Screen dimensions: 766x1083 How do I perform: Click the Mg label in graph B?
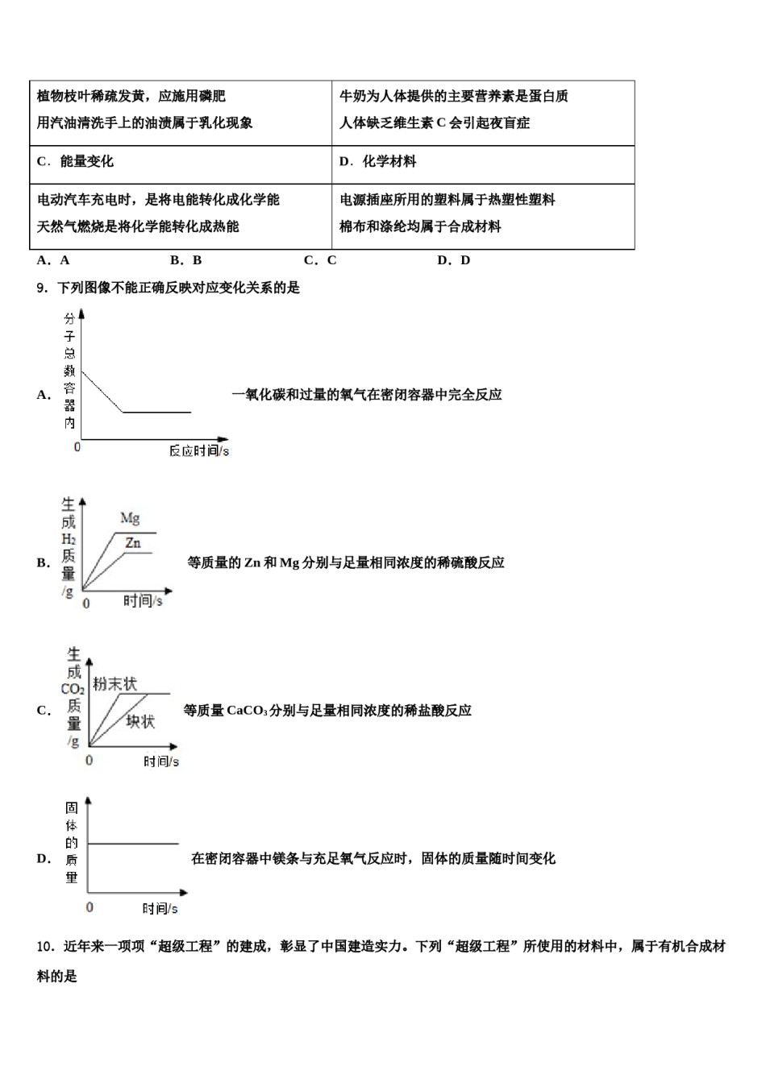coord(130,517)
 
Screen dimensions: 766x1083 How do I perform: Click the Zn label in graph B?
coord(133,543)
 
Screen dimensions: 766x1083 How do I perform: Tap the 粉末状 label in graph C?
coord(114,684)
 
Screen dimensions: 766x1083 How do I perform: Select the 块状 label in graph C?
coord(140,721)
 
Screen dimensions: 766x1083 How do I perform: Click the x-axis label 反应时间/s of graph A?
coord(198,450)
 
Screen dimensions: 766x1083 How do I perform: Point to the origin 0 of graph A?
coord(77,446)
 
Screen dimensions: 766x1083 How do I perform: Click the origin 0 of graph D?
coord(89,907)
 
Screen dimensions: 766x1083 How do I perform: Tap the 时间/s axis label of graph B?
coord(143,600)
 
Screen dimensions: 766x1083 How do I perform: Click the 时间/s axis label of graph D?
coord(160,908)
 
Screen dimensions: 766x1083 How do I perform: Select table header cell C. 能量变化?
coord(75,161)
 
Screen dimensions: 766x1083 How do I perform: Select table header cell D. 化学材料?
coord(377,161)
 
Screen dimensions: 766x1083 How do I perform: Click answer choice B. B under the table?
coord(185,260)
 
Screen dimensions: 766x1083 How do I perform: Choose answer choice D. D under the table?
coord(453,260)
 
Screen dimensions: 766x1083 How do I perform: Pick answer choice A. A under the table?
coord(53,260)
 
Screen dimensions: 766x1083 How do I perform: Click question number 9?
coord(42,288)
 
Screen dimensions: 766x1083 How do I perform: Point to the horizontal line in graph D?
coord(133,844)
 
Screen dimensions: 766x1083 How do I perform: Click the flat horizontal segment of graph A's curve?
coord(157,412)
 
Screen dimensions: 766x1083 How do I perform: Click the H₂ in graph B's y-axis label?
coord(69,539)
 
